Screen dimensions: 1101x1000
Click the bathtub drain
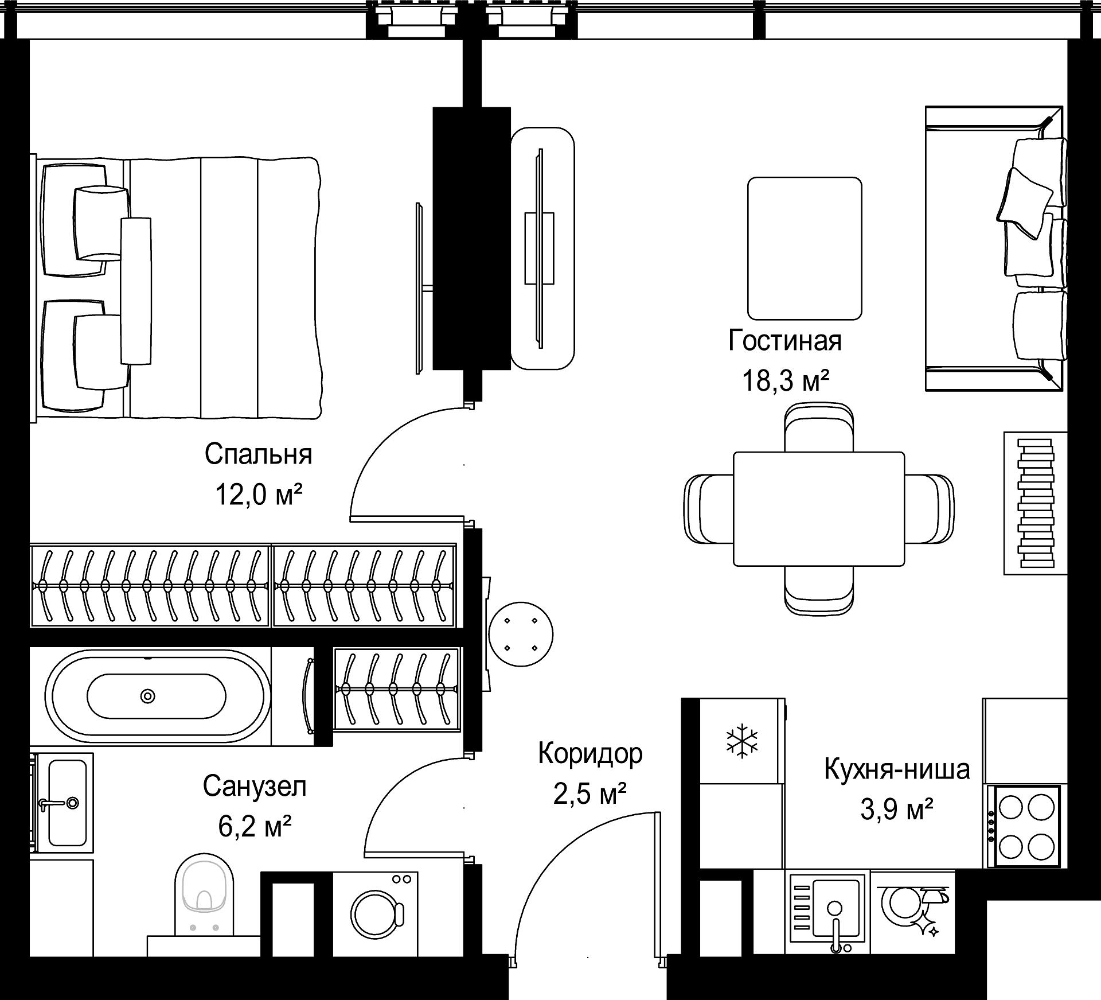pos(148,697)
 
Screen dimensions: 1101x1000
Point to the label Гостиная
pos(785,341)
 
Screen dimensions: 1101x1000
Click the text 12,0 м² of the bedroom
pos(258,494)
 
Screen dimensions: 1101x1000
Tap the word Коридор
pos(590,754)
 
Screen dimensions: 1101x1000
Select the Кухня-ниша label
pos(897,770)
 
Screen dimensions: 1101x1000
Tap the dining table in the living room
pos(819,509)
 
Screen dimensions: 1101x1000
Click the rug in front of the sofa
pos(805,248)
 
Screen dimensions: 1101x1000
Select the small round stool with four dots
pos(521,634)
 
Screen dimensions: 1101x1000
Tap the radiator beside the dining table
pos(1036,503)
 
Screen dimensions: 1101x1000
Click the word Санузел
pos(255,787)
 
